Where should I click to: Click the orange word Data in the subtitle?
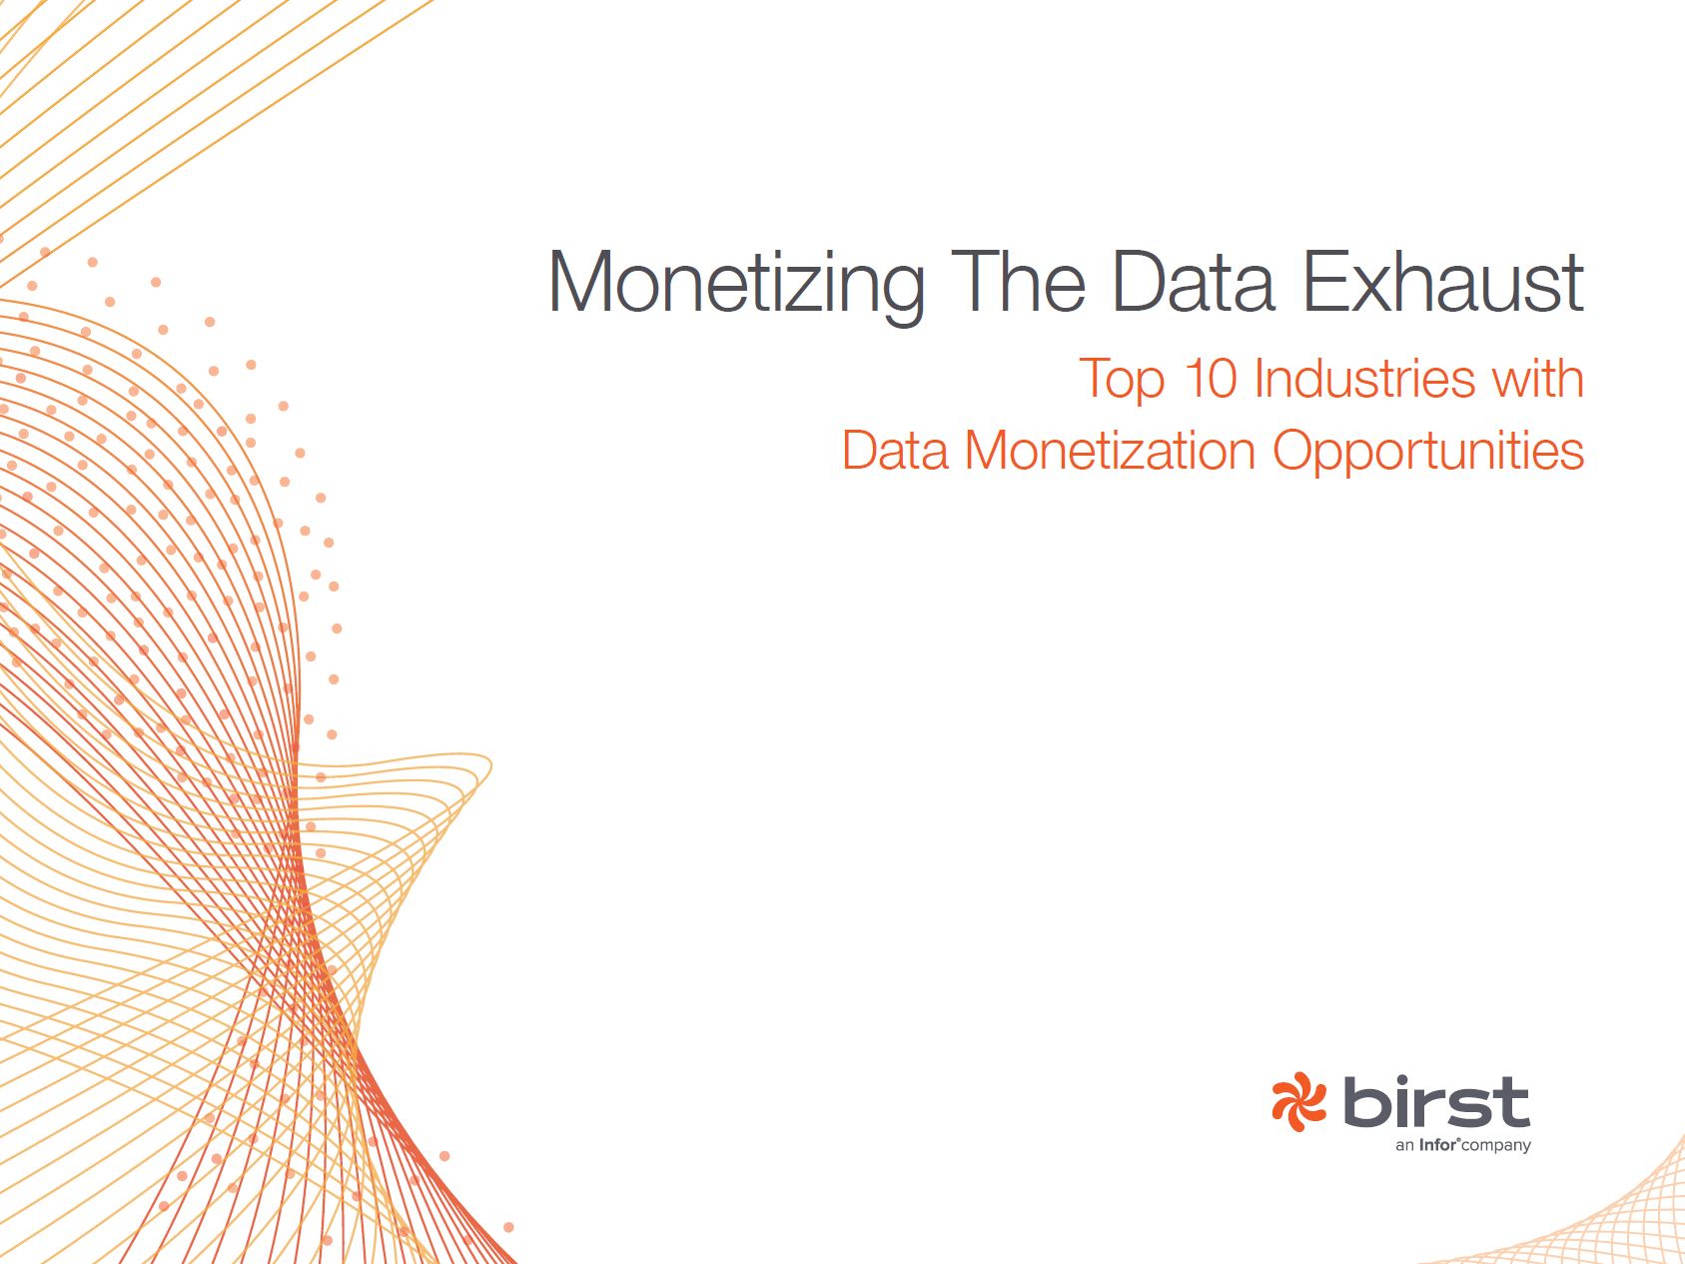click(895, 451)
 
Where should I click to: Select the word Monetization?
click(1110, 451)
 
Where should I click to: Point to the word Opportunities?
click(1428, 453)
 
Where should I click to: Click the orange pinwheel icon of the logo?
click(1298, 1102)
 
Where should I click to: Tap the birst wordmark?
click(1436, 1102)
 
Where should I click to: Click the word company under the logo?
click(1496, 1147)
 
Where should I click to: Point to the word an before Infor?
click(1405, 1147)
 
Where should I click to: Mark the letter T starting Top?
click(1096, 379)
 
